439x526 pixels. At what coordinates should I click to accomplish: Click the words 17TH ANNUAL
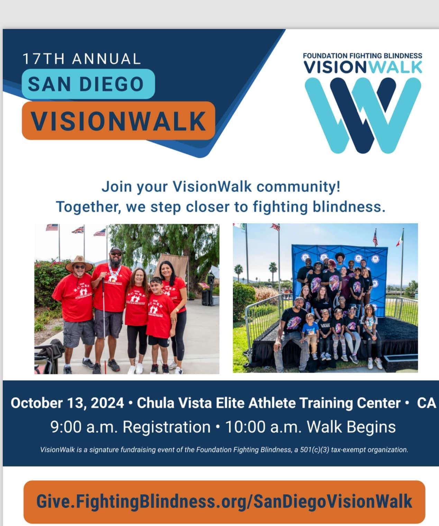[82, 59]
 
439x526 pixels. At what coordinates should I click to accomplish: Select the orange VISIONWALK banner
[118, 121]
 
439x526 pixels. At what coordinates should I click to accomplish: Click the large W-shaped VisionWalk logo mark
[363, 115]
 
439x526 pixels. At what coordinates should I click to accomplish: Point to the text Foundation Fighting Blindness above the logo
[362, 56]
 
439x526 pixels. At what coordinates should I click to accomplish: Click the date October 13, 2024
[67, 403]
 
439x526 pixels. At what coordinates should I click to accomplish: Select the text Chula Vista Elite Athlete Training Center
[268, 403]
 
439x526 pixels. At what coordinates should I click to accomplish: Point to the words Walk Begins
[351, 427]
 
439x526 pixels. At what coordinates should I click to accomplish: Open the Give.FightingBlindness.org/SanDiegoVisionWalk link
[224, 501]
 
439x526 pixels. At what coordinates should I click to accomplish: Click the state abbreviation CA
[426, 403]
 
